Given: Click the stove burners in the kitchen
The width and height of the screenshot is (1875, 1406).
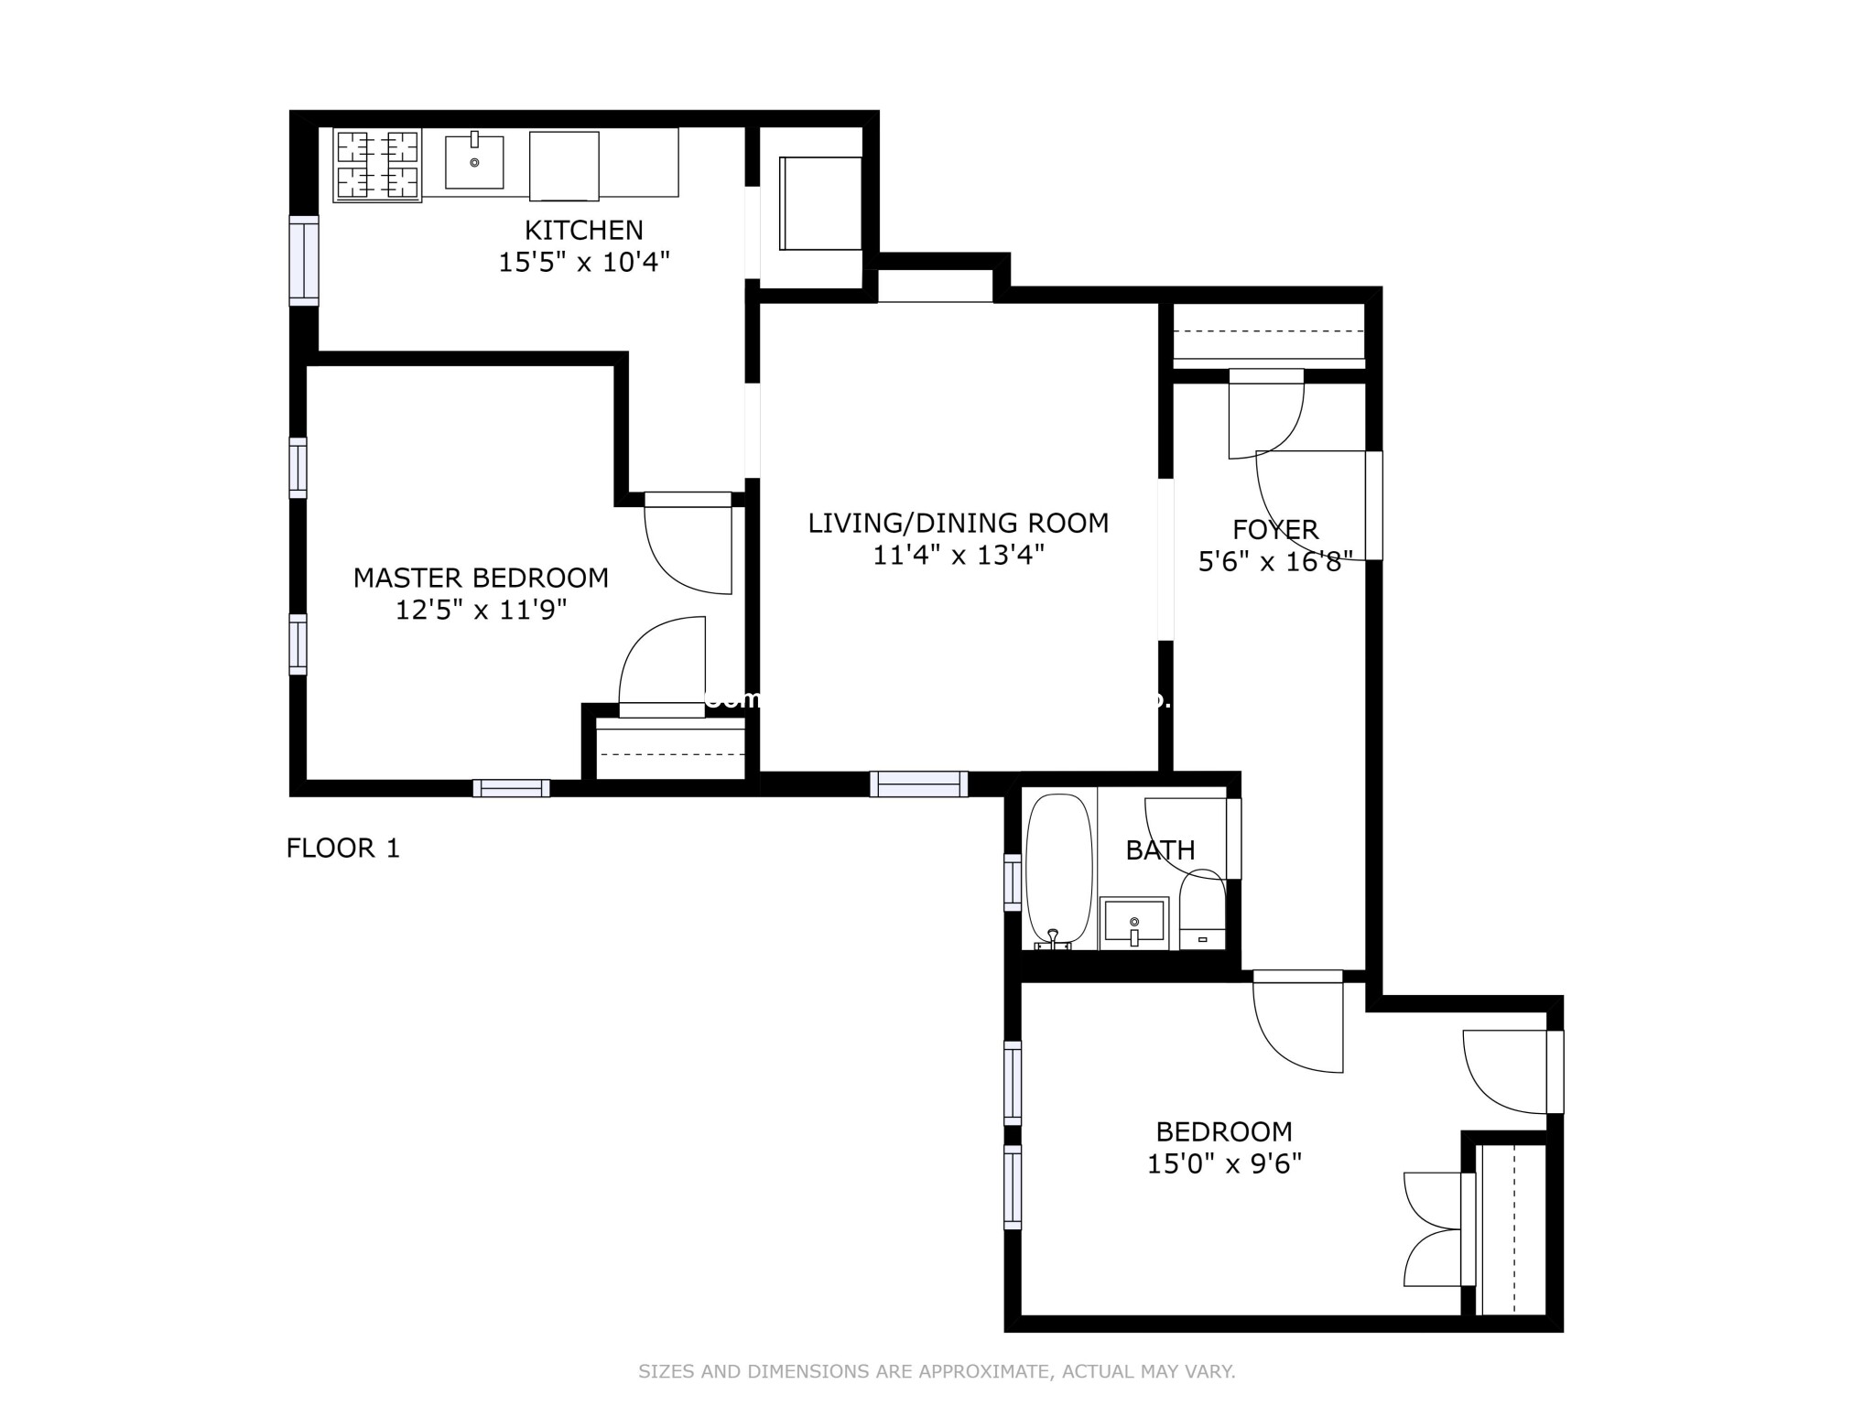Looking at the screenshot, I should (x=377, y=165).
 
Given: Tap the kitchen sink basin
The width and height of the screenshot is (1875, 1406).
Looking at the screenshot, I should (x=474, y=162).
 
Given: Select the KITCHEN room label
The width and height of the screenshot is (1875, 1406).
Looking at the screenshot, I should (x=583, y=230).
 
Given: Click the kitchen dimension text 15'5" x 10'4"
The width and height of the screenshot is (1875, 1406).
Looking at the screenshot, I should (x=583, y=263).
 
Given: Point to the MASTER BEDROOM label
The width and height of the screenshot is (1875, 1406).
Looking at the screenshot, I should (x=481, y=578).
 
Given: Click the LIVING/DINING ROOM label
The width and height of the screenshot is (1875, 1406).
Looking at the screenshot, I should (x=958, y=523).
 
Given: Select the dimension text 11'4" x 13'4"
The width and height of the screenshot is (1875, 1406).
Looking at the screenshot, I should (x=958, y=555).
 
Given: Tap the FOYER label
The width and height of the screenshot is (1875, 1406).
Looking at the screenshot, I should (x=1274, y=529).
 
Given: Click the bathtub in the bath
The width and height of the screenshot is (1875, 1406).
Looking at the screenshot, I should (x=1059, y=870).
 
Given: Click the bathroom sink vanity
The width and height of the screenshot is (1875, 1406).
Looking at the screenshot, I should (x=1134, y=922).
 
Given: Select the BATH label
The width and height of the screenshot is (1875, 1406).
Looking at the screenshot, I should (x=1160, y=850).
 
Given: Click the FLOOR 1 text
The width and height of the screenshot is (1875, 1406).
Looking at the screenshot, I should (x=342, y=849).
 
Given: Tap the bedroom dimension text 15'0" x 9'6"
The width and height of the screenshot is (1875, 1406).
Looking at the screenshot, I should (x=1224, y=1164).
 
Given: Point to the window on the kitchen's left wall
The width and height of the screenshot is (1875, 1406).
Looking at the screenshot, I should (x=304, y=260).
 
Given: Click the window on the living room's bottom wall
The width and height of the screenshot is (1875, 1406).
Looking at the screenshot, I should (x=918, y=784).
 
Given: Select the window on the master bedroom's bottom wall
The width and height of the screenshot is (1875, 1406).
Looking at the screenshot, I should (x=511, y=788).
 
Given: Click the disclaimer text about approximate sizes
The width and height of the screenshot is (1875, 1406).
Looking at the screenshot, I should (x=937, y=1371).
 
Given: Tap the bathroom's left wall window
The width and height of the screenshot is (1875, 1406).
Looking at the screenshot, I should (x=1013, y=881).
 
